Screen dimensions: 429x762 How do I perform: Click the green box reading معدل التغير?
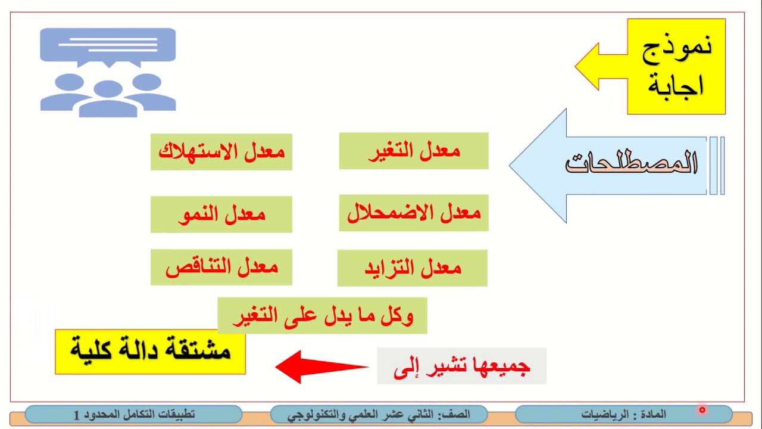414,151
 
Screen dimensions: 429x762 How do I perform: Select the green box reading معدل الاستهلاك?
221,152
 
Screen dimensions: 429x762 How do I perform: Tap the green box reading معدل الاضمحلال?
414,213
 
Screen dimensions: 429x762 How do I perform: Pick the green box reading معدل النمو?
221,214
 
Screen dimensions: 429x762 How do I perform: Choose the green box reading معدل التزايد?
412,268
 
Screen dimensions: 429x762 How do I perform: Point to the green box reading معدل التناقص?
221,267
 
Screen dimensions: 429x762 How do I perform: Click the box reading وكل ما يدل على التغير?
322,315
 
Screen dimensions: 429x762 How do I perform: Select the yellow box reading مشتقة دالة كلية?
150,352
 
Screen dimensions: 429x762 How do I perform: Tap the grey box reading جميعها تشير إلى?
461,366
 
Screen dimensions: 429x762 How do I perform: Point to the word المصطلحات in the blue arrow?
631,164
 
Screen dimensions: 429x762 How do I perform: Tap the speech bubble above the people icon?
108,46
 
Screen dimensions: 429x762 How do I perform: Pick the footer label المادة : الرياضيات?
623,414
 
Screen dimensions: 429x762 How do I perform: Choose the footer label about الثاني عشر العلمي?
379,414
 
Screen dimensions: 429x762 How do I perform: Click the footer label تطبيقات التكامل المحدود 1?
133,414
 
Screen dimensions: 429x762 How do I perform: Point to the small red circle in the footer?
702,410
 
